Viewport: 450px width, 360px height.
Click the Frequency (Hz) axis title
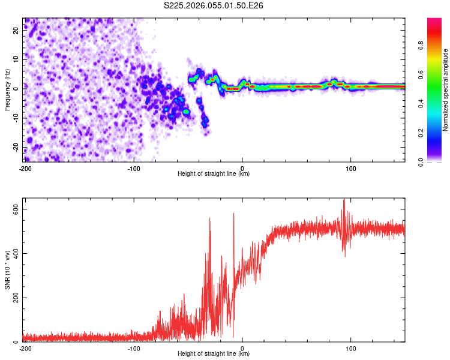[x=7, y=90]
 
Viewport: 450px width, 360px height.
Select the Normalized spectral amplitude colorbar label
[x=446, y=90]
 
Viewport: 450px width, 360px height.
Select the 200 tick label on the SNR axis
[x=13, y=297]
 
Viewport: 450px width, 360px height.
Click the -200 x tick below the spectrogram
[x=25, y=168]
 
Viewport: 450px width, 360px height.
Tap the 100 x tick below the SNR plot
[x=351, y=348]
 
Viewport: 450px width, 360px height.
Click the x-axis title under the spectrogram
[x=214, y=173]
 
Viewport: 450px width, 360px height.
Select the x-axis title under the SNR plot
[x=214, y=353]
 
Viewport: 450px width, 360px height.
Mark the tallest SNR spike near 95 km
[x=344, y=200]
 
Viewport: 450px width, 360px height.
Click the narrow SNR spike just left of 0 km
[x=233, y=214]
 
